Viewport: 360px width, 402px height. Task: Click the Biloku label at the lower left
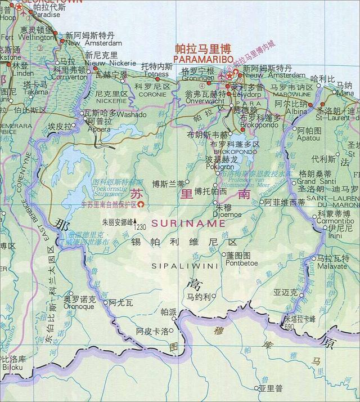[12, 368]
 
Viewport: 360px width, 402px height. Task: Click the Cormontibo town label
[335, 221]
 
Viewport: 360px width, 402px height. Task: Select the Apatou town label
[308, 137]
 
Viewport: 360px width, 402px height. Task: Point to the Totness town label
[156, 74]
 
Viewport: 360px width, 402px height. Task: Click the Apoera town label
[98, 129]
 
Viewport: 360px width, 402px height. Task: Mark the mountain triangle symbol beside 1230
[134, 226]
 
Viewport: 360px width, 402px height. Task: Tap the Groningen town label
[197, 78]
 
